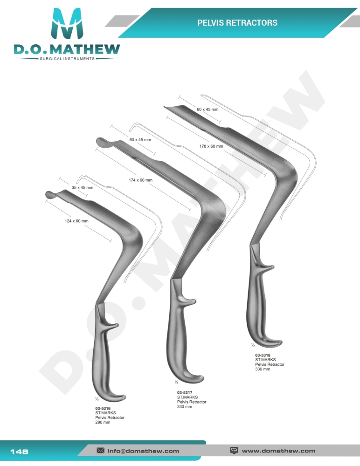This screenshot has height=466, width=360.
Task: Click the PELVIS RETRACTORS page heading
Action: point(237,22)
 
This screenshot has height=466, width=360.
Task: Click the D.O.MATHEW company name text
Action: point(67,49)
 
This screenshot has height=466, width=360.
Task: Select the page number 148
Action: point(19,451)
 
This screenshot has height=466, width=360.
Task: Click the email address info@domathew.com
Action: point(143,451)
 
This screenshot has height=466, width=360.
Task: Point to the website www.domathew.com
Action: point(278,451)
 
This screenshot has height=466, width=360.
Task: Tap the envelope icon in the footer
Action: point(100,451)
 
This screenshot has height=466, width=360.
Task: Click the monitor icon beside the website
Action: point(235,451)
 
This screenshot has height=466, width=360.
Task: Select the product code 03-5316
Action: point(103,408)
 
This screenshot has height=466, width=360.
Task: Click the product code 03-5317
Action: point(185,392)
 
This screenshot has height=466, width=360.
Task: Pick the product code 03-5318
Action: point(263,356)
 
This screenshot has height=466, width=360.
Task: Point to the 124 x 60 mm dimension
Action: point(76,221)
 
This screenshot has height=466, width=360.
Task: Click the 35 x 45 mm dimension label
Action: point(83,187)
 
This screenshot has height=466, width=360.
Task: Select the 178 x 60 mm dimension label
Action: point(211,146)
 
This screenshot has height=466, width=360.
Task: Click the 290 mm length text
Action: point(103,422)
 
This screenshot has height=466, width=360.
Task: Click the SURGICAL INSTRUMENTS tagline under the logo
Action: point(67,58)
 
